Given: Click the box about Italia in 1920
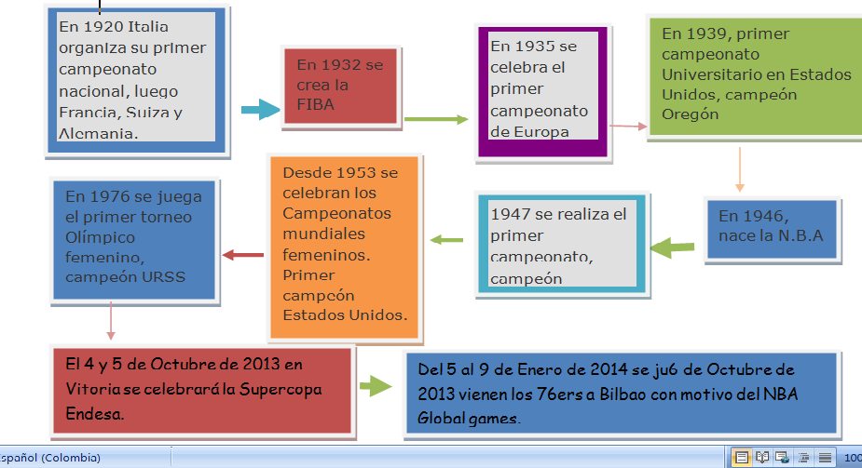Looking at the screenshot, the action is (135, 79).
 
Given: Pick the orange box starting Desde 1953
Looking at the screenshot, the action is (345, 245).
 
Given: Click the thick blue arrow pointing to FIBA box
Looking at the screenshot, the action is (260, 111).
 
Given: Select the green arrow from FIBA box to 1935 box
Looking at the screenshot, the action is (436, 119).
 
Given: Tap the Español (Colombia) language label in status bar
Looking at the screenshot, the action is (51, 458).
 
